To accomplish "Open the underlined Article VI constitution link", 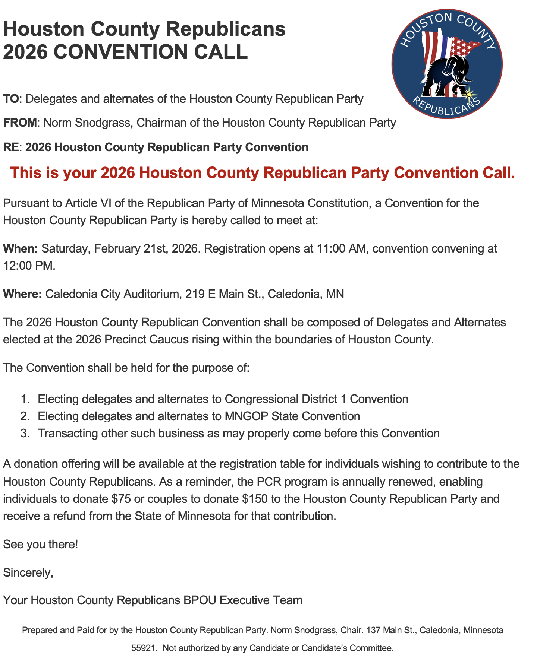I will point(216,203).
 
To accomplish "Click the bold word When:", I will point(21,248).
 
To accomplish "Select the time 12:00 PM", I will point(29,266).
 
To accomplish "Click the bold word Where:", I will point(22,294).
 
